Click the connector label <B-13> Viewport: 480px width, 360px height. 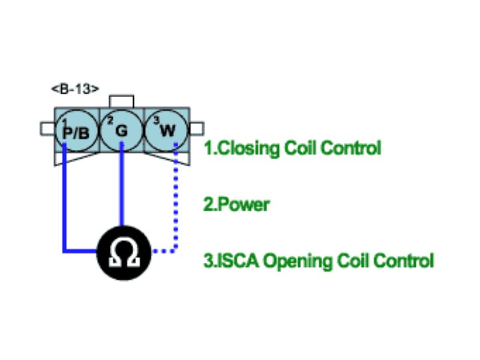pyautogui.click(x=74, y=89)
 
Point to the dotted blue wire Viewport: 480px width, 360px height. pyautogui.click(x=176, y=204)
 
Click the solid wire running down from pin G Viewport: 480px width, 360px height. pyautogui.click(x=122, y=186)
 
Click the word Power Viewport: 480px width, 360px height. pyautogui.click(x=244, y=205)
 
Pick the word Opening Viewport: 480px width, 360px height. pyautogui.click(x=293, y=261)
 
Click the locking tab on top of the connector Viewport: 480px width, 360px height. pyautogui.click(x=121, y=101)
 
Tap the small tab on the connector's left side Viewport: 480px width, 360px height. pyautogui.click(x=47, y=128)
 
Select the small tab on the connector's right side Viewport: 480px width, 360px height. pyautogui.click(x=197, y=128)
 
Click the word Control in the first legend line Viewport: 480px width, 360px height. pyautogui.click(x=352, y=148)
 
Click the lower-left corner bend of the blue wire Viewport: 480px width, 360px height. pyautogui.click(x=64, y=250)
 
